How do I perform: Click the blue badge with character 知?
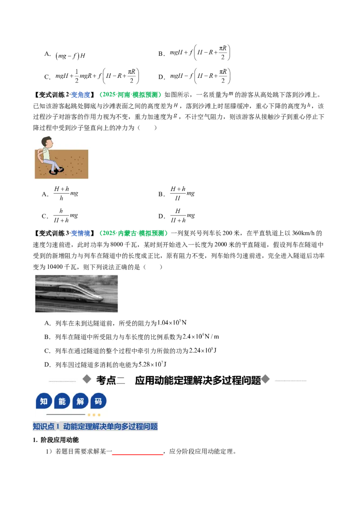(44, 401)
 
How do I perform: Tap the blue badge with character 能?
(62, 401)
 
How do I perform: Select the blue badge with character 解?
(80, 401)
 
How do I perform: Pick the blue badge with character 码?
(98, 401)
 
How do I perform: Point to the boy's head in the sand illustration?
(47, 142)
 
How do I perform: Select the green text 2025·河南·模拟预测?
(130, 95)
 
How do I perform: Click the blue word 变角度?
(81, 95)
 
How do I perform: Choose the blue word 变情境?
(81, 233)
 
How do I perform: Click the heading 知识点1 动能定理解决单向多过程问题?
(95, 426)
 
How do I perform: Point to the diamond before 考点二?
(87, 379)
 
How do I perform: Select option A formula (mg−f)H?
(70, 55)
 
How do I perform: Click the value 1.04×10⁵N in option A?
(172, 323)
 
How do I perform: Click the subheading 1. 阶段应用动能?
(56, 440)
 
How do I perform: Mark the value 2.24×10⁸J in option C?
(203, 350)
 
